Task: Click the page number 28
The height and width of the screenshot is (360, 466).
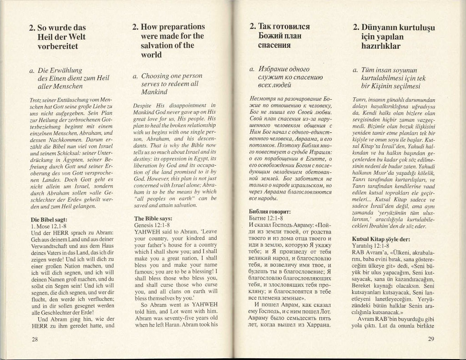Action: coord(34,339)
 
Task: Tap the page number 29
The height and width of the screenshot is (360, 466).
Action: coord(432,339)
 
